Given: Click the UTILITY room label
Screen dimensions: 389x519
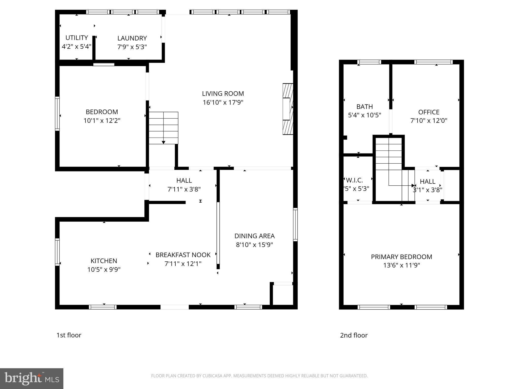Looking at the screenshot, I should coord(77,38).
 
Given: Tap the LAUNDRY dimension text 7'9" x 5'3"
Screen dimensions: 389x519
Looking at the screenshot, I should coord(132,47).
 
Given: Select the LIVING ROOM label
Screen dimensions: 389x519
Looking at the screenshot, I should coord(223,94).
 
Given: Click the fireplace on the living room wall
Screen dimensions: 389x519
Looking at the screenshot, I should coord(288,109).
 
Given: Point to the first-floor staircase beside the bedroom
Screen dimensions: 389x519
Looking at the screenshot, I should coord(163,128).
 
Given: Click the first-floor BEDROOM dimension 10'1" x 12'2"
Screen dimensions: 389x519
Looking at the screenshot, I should coord(102,121).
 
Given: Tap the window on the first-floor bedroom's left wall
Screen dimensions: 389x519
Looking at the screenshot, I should coord(58,114).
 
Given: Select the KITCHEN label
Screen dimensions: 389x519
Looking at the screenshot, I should coord(104,261).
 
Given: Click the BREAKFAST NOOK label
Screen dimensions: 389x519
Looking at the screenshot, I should coord(183,255).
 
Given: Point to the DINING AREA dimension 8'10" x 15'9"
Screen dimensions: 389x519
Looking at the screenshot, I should coord(254,245).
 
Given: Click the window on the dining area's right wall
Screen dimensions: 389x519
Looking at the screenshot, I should coord(295,224).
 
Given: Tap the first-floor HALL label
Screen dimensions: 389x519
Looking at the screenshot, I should coord(184,181).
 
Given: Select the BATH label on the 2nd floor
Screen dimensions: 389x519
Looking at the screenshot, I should coord(364,107).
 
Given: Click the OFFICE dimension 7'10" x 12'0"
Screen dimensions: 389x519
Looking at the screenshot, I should coord(429,121).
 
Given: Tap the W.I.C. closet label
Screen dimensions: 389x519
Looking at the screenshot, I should coord(354,180).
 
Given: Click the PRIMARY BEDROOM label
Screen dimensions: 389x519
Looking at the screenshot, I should coord(401,257).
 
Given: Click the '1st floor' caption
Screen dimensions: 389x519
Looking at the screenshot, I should coord(69,335).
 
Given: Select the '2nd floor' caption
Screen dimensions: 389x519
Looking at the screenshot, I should coord(354,335).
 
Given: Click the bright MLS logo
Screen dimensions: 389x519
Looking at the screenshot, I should coord(32,379).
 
